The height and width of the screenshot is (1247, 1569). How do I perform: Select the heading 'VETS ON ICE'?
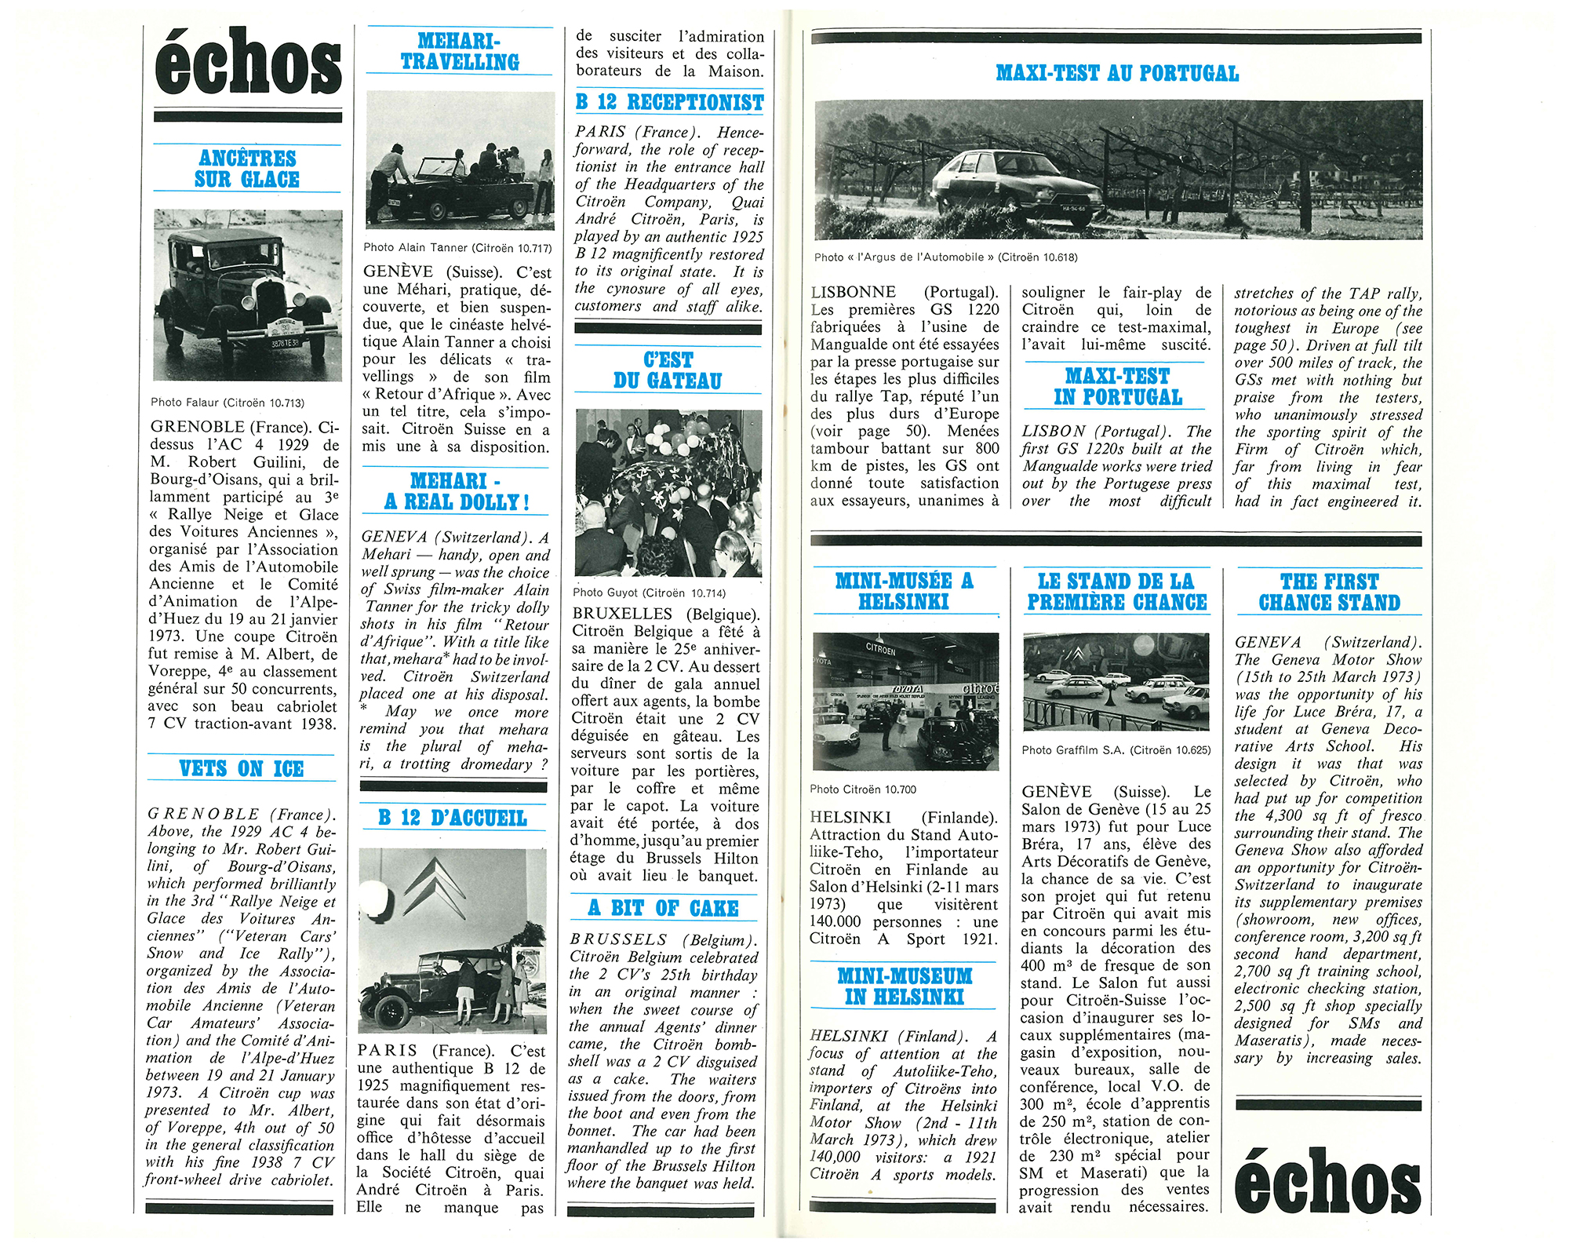(242, 768)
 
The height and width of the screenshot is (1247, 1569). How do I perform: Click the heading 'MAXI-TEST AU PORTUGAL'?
(1117, 74)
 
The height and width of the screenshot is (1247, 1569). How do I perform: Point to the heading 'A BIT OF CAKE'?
(663, 908)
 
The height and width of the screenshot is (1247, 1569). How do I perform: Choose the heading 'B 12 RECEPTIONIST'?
(669, 102)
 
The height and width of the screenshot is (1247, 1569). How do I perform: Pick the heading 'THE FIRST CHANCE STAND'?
(1329, 593)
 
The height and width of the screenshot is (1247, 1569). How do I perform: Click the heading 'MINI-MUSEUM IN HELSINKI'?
(904, 986)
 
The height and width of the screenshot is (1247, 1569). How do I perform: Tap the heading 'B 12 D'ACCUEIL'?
(452, 818)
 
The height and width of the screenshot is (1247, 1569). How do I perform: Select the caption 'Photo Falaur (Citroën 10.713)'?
(228, 403)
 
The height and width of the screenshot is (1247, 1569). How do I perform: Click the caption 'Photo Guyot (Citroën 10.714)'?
(649, 593)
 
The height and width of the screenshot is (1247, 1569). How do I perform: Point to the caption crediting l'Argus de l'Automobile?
(945, 257)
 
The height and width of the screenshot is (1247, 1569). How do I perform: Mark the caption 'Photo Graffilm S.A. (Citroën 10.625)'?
(1116, 750)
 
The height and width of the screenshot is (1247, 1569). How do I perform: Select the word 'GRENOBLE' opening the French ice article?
(197, 428)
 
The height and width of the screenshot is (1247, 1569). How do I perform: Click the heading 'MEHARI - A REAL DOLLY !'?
(456, 491)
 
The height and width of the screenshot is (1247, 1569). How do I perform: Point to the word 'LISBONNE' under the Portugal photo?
(853, 293)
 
